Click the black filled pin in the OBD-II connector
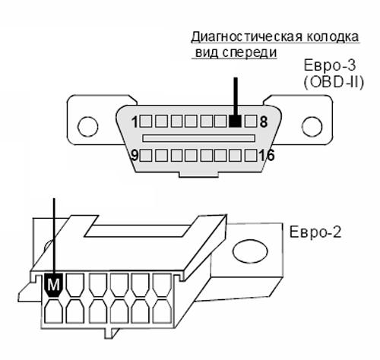[x=235, y=122]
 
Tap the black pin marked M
[x=53, y=285]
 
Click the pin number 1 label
[x=135, y=122]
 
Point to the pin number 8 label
[x=264, y=122]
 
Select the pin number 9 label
[x=135, y=155]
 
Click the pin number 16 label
[x=266, y=155]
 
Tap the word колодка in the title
[x=333, y=36]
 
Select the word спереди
[x=249, y=52]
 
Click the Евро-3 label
[x=330, y=65]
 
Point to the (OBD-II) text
[x=334, y=82]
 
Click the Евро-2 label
[x=315, y=232]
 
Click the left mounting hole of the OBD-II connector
[x=87, y=127]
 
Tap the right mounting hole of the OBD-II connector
[x=312, y=127]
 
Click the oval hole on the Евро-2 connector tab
[x=250, y=251]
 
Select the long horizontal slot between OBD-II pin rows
[x=198, y=138]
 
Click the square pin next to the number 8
[x=251, y=122]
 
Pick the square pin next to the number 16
[x=251, y=156]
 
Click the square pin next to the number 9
[x=146, y=156]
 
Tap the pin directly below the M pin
[x=53, y=311]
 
